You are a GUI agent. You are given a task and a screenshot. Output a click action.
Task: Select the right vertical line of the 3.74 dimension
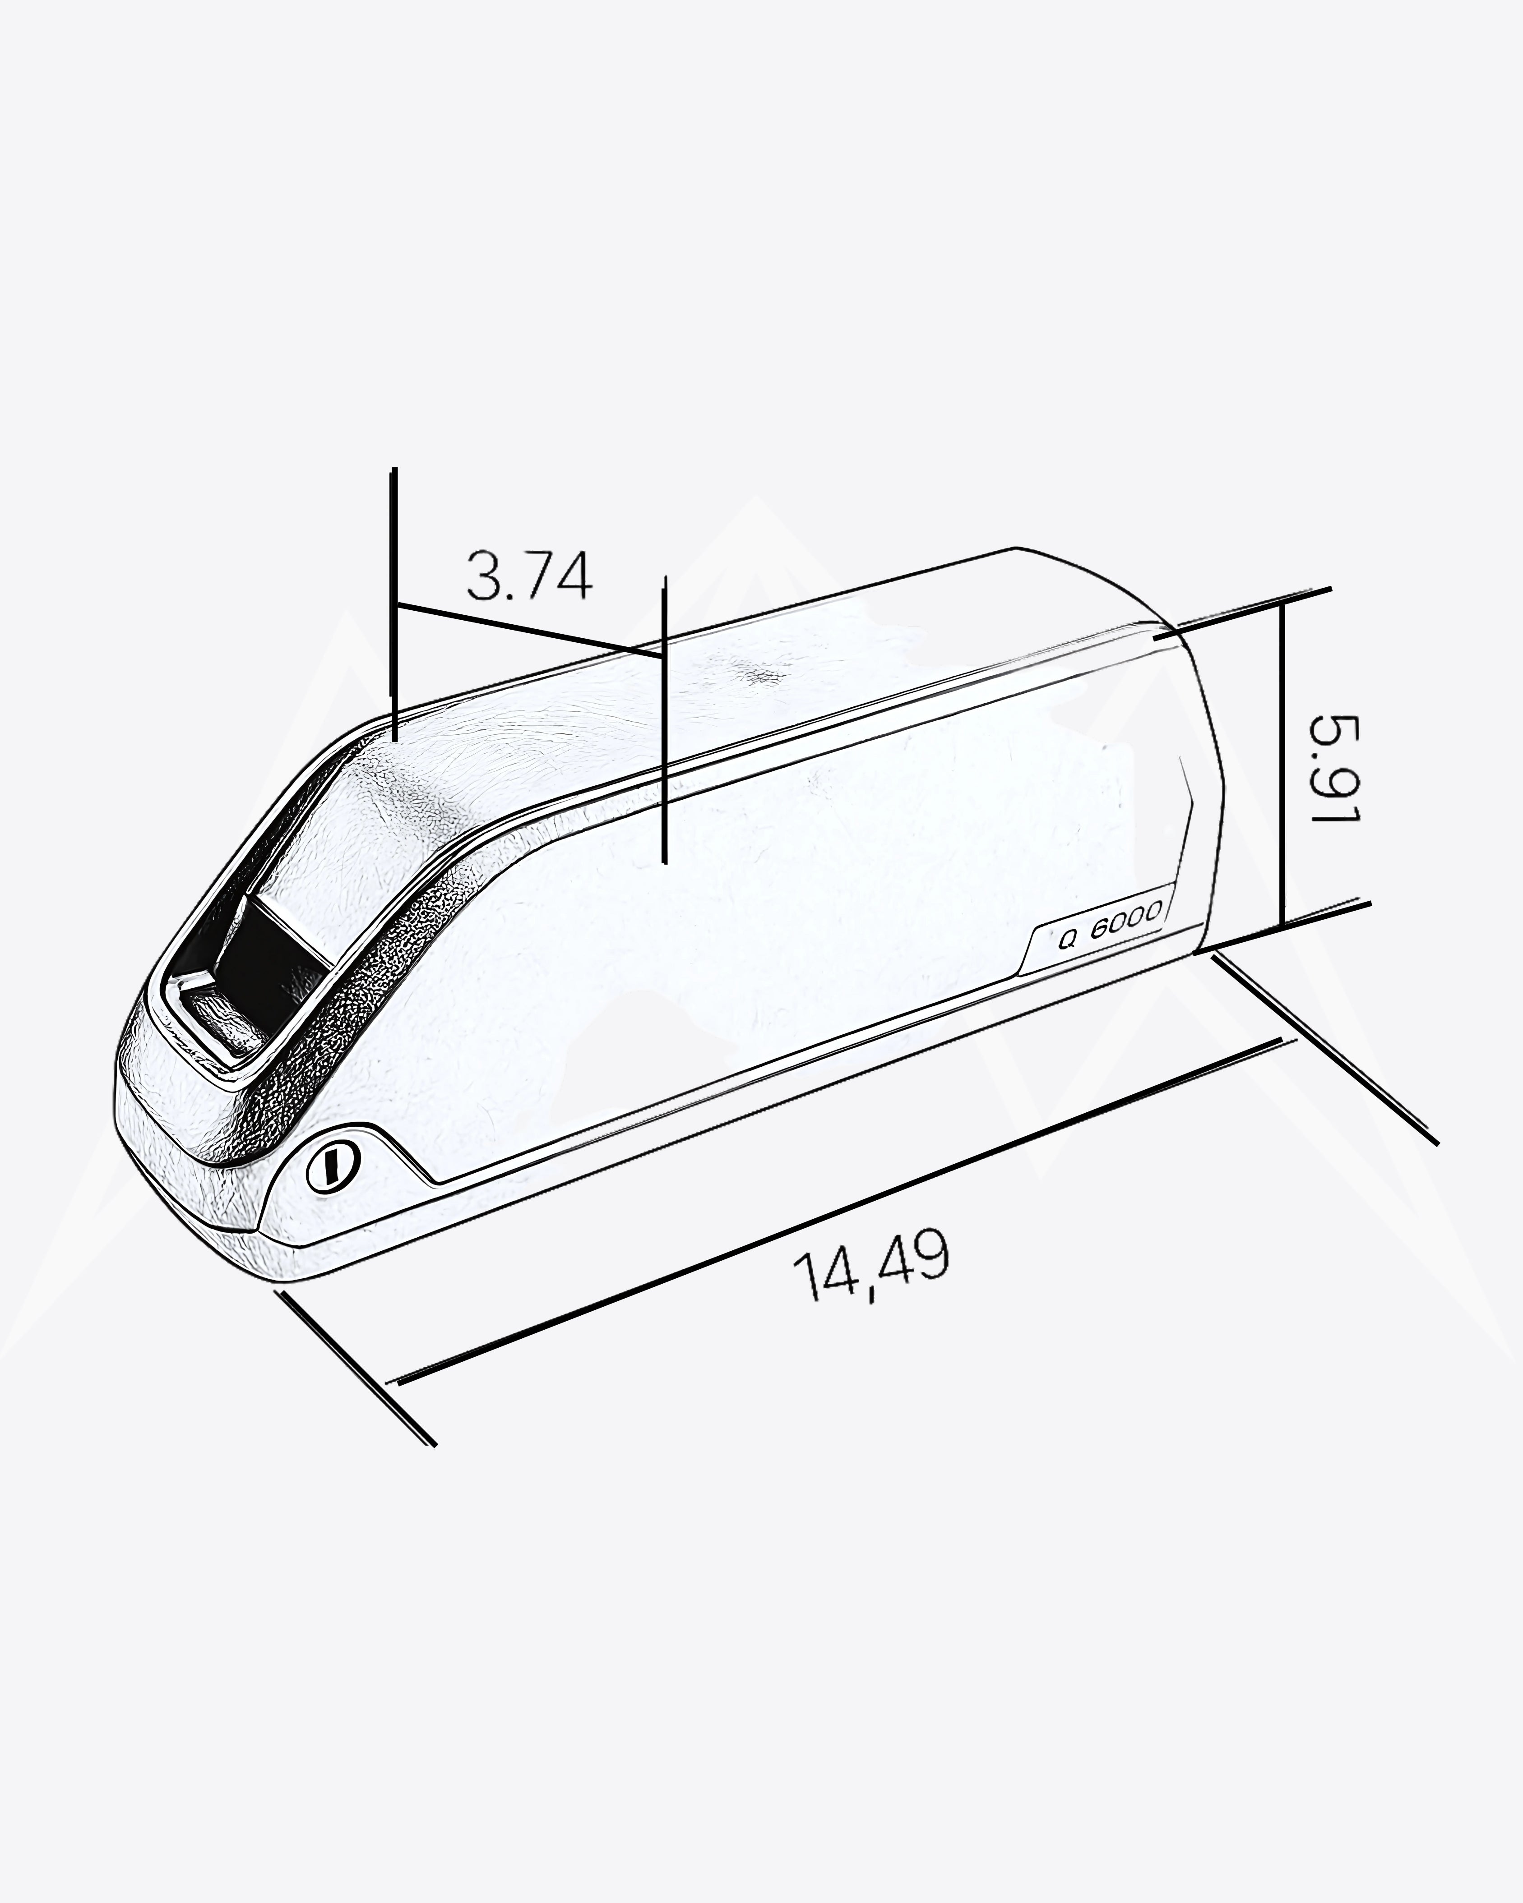(665, 719)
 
